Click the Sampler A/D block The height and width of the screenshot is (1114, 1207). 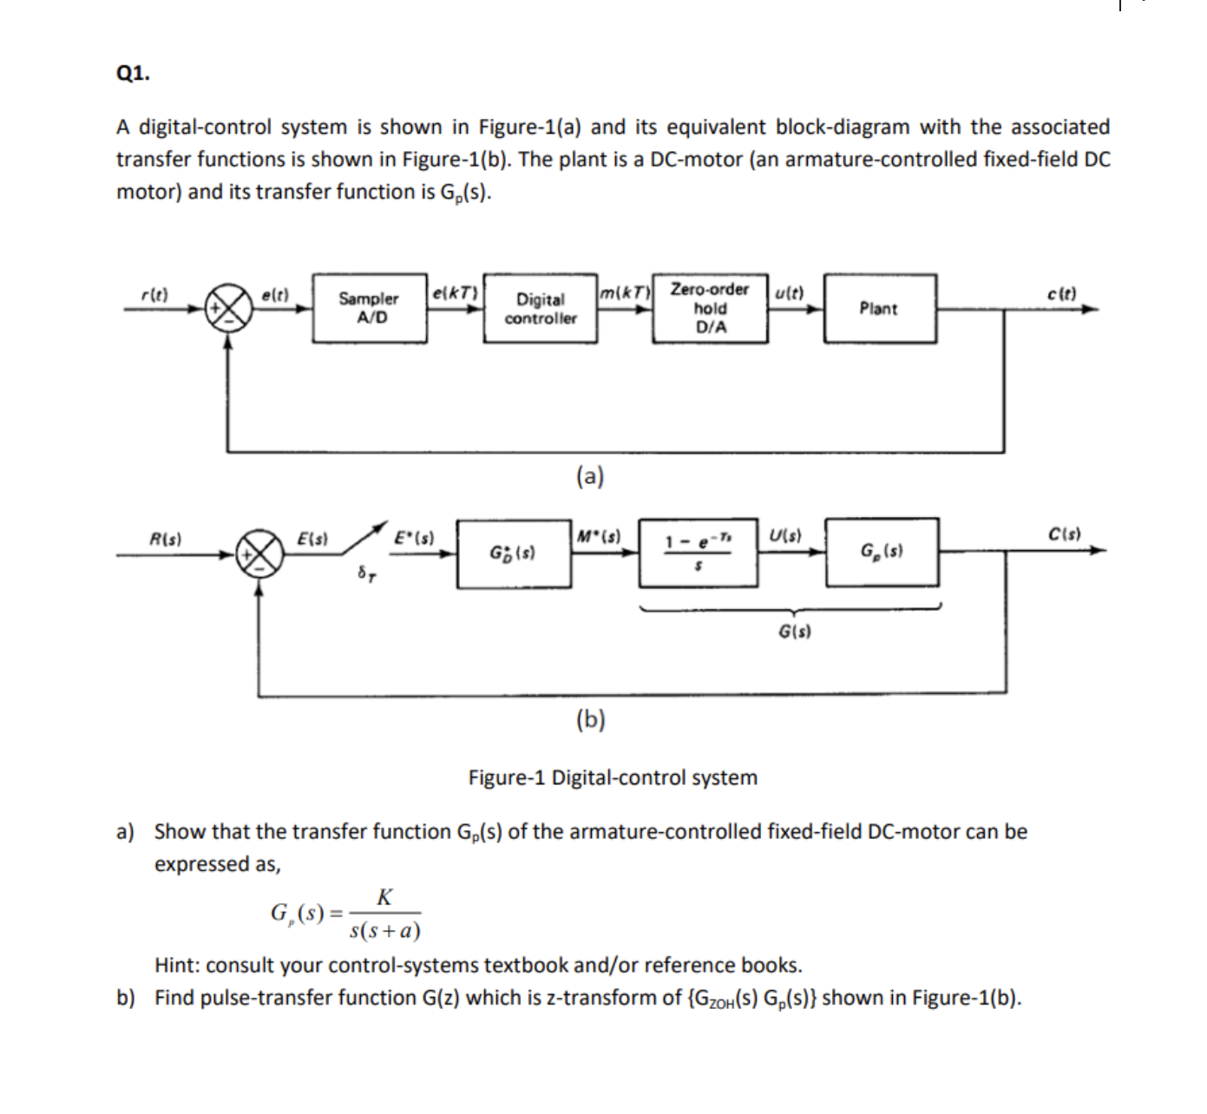click(369, 309)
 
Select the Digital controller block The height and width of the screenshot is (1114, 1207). click(540, 309)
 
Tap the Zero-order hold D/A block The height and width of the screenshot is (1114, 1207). click(710, 309)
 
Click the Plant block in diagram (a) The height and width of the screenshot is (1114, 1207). click(879, 309)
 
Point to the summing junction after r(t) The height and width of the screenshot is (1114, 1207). click(228, 309)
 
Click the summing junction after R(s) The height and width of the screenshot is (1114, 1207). click(259, 552)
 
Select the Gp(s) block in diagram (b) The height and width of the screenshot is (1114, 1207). click(882, 552)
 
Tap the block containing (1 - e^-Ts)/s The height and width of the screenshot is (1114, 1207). click(699, 552)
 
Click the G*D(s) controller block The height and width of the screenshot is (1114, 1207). click(514, 553)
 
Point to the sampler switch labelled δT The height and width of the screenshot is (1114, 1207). click(365, 540)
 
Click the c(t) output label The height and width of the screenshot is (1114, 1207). click(1061, 293)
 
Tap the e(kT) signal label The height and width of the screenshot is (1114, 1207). click(454, 292)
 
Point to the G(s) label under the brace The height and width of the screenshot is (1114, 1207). click(794, 631)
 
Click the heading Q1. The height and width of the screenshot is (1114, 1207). click(133, 74)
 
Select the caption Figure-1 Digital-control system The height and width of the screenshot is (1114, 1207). click(613, 777)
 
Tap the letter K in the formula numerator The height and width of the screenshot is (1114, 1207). click(384, 897)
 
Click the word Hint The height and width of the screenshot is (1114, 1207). click(177, 965)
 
